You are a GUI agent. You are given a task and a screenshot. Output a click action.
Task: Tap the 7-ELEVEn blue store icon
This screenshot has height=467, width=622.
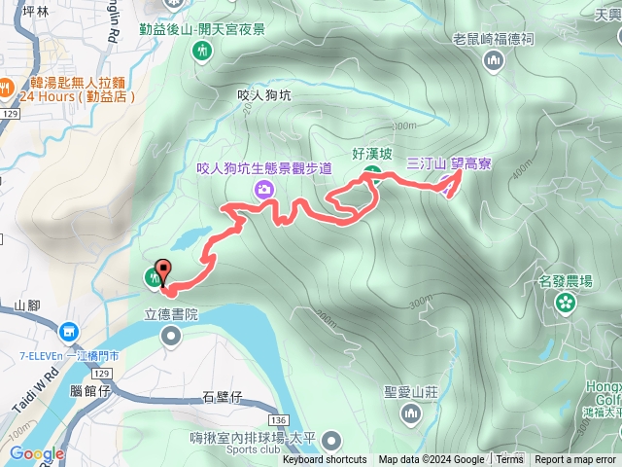68,332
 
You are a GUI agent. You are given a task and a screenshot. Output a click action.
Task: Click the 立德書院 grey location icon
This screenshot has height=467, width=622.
171,337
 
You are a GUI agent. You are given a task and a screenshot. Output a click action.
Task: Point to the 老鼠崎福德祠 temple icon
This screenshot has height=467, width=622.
494,61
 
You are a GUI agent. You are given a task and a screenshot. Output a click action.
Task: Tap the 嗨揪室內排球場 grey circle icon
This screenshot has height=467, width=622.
330,440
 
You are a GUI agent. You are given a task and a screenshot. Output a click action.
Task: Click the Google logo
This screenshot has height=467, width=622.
37,453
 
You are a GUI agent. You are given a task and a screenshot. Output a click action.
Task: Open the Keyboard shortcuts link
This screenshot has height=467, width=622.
325,460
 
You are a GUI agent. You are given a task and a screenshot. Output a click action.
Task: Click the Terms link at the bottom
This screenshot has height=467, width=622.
509,460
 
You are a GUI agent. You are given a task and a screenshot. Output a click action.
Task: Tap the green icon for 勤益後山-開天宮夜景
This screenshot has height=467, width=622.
202,51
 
